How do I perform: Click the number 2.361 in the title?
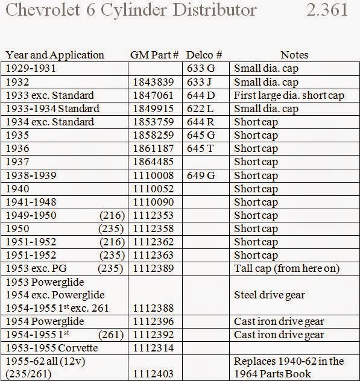pyautogui.click(x=327, y=11)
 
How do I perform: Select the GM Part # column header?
pyautogui.click(x=154, y=55)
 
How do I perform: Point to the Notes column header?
pyautogui.click(x=294, y=55)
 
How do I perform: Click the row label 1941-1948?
pyautogui.click(x=31, y=202)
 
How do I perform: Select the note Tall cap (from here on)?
pyautogui.click(x=286, y=268)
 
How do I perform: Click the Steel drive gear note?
pyautogui.click(x=269, y=295)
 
